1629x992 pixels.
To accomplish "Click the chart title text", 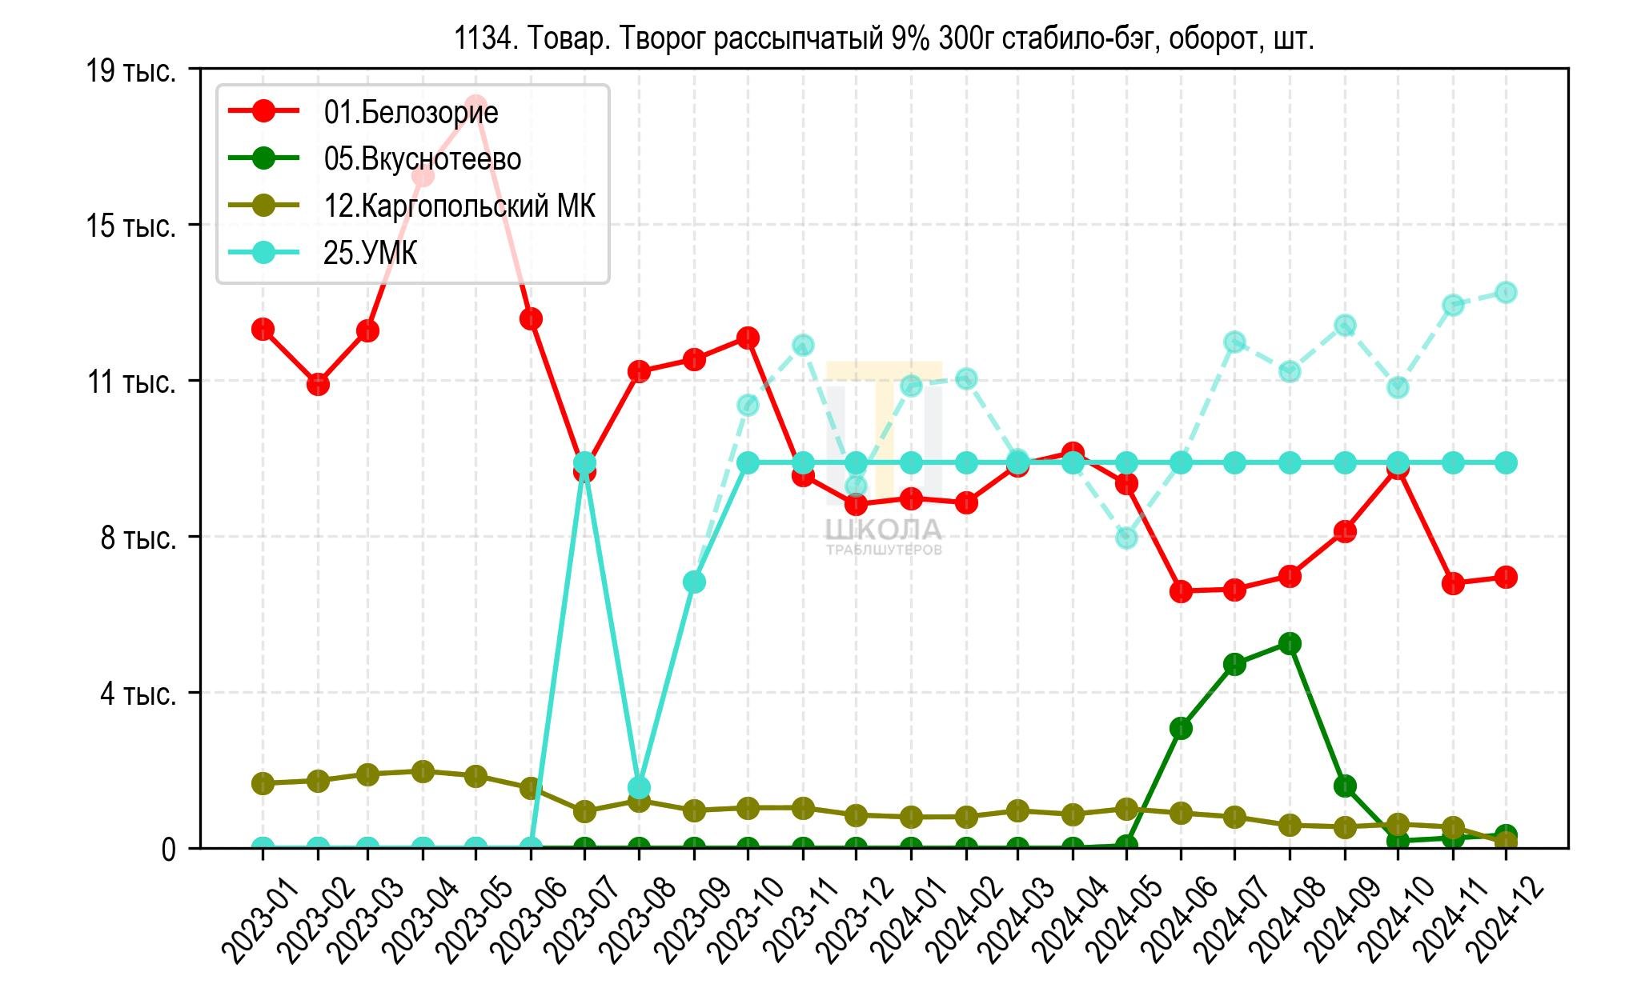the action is point(884,38).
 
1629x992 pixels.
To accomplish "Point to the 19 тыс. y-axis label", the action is point(131,71).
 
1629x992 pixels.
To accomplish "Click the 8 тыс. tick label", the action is point(138,538).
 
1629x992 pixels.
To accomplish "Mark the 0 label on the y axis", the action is point(168,849).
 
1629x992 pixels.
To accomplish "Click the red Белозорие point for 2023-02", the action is point(318,385).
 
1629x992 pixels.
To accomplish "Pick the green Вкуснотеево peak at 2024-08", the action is point(1290,644).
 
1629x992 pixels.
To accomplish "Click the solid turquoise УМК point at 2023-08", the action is point(639,788).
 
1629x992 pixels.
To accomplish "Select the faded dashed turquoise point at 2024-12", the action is point(1506,292).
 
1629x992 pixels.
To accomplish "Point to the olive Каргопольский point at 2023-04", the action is point(423,772).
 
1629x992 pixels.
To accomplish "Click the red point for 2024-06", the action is point(1181,592).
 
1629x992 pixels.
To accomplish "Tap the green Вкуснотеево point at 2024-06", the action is point(1181,728).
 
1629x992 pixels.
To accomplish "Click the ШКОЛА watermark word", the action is point(884,530).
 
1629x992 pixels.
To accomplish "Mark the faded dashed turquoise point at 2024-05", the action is point(1127,538).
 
